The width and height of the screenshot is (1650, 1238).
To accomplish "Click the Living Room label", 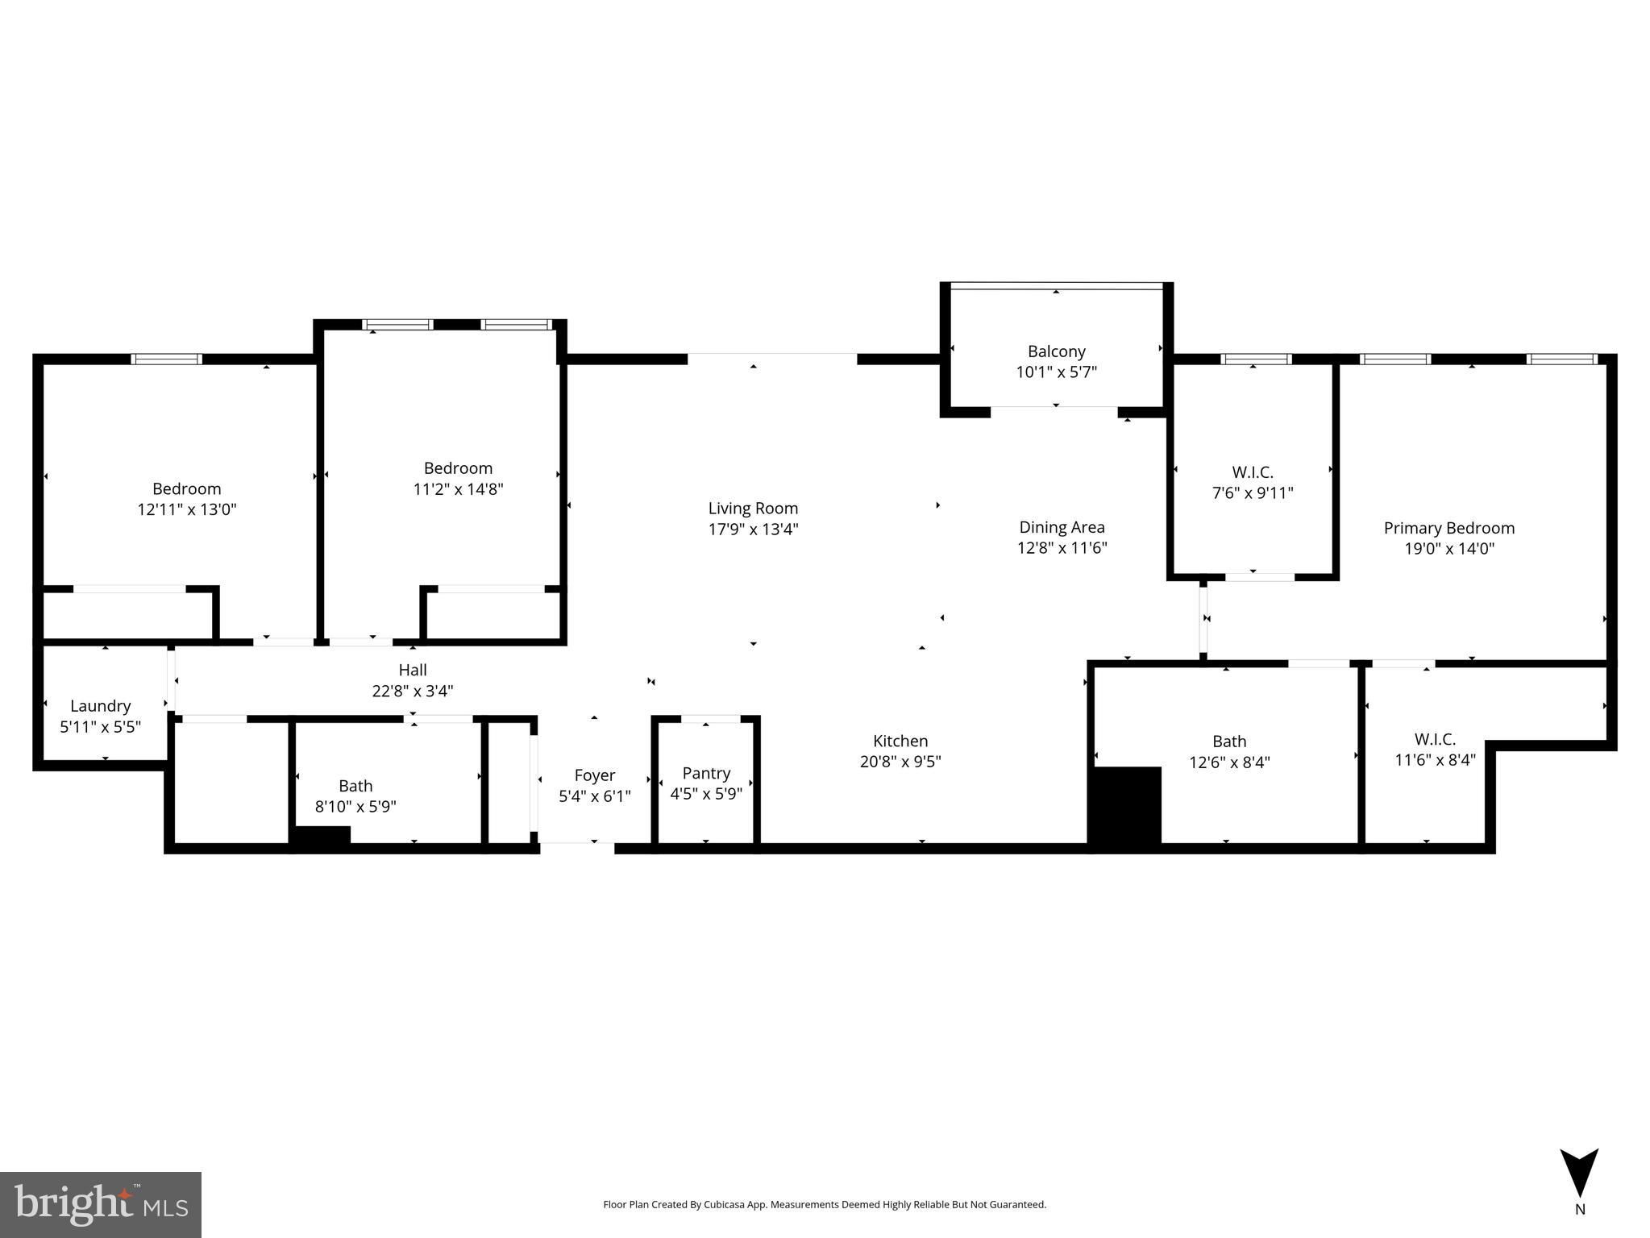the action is coord(753,509).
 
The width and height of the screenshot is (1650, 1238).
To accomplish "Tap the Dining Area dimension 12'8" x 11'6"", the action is coord(1062,548).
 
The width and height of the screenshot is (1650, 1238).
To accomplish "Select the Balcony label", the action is coord(1056,351).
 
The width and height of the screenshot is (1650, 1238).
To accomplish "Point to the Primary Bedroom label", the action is coord(1448,528).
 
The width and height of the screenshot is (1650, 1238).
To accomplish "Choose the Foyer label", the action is coord(595,775).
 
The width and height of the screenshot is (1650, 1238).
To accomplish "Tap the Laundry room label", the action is coord(100,706).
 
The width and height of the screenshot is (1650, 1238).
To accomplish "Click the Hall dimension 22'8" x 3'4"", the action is coord(413,691).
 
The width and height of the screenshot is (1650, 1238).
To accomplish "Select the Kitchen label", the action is coord(900,741).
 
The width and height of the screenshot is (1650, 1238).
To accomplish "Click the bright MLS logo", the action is coord(101,1204).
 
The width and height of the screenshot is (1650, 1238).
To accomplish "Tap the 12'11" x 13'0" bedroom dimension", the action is coord(187,509).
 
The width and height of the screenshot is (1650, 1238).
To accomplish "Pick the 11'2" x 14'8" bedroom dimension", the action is coord(458,489).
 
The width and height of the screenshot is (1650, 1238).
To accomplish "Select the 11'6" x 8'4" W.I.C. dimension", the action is coord(1435,759).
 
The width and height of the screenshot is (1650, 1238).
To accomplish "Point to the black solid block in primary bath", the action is coord(1125,804).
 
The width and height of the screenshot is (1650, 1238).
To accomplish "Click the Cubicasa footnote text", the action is coord(825,1205).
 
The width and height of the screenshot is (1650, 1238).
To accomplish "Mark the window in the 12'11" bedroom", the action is coord(167,359).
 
